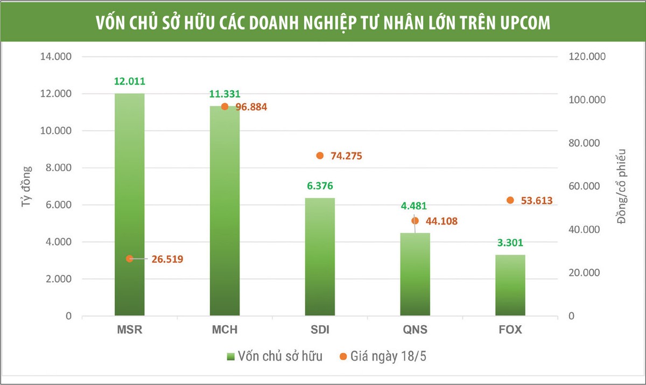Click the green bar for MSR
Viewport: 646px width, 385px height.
tap(129, 205)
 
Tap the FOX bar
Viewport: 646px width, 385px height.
tap(510, 285)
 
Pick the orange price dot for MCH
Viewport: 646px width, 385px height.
tap(224, 107)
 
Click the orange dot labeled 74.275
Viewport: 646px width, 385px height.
tap(320, 156)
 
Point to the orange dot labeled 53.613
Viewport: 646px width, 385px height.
tap(510, 200)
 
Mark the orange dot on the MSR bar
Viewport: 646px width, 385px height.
tap(129, 259)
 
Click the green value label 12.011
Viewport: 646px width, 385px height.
tap(129, 82)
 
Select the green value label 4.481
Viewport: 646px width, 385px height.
tap(415, 206)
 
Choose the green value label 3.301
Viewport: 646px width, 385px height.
tap(510, 242)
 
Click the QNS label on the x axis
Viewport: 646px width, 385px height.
tap(415, 330)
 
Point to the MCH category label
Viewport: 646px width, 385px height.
tap(224, 330)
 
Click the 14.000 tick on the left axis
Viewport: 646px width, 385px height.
tap(57, 57)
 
